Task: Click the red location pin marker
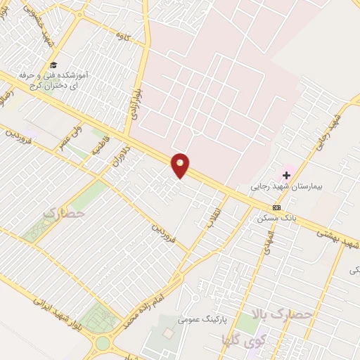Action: click(181, 165)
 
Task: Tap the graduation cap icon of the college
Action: click(54, 65)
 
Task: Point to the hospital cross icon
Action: click(287, 174)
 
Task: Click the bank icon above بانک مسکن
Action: click(276, 207)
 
